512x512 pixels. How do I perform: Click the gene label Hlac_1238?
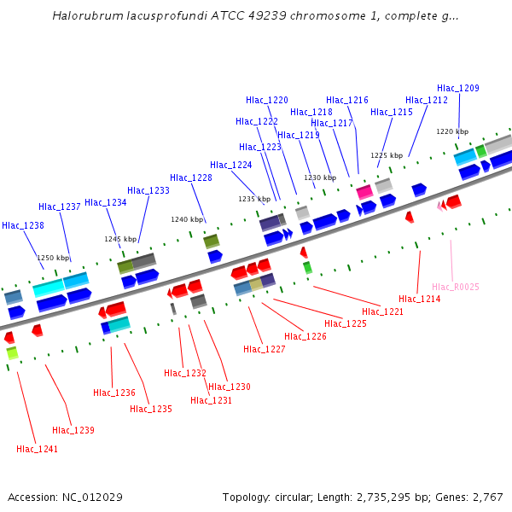pos(23,225)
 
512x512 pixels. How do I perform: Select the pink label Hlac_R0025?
pos(455,287)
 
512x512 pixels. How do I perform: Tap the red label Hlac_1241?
pos(38,449)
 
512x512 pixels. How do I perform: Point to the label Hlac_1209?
pos(458,88)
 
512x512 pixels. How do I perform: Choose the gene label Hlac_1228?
pos(191,177)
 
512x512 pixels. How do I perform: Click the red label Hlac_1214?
pos(419,299)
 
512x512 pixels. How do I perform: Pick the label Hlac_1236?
pos(114,393)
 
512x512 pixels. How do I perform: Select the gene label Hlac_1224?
pos(231,165)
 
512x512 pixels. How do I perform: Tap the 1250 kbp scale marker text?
pos(52,257)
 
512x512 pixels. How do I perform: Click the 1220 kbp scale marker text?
pos(452,131)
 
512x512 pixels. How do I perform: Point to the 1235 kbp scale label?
pos(253,199)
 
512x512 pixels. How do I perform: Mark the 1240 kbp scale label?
pos(187,219)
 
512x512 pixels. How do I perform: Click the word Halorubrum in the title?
pos(83,16)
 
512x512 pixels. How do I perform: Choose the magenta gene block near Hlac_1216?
pos(364,191)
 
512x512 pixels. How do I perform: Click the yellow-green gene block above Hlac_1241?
pos(12,352)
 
